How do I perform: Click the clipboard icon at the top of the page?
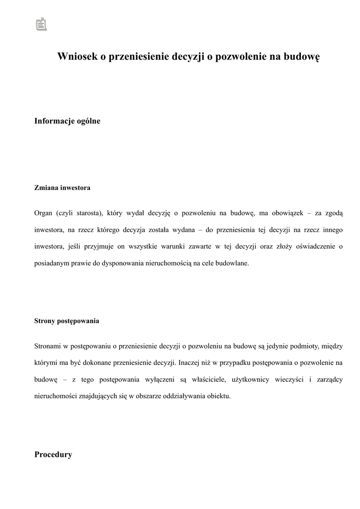click(42, 24)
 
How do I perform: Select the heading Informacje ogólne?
click(67, 121)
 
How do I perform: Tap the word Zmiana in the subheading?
click(46, 188)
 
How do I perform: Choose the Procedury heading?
click(53, 455)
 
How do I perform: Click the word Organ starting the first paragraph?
click(43, 213)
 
